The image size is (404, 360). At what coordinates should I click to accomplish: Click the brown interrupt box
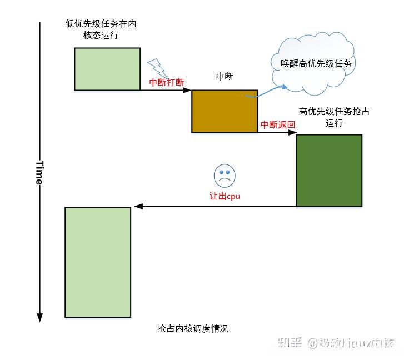(x=225, y=111)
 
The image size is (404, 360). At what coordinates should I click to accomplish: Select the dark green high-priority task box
(x=329, y=170)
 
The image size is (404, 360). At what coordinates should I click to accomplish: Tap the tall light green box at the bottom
(x=98, y=262)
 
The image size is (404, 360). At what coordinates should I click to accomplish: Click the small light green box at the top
(x=107, y=69)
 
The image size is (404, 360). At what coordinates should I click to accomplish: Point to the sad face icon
(x=225, y=176)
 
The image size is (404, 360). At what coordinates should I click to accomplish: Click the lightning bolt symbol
(x=158, y=68)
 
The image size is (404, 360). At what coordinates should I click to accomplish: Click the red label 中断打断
(x=167, y=82)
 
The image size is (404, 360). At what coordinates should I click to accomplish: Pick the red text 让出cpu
(x=225, y=196)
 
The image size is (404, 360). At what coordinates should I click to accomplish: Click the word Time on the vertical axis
(x=39, y=173)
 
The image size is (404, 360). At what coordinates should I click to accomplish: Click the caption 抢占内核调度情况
(x=193, y=329)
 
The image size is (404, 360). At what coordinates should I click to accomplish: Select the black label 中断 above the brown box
(x=224, y=76)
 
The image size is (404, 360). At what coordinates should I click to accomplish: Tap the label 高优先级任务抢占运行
(x=335, y=117)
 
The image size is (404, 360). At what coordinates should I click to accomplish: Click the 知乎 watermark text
(x=293, y=343)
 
